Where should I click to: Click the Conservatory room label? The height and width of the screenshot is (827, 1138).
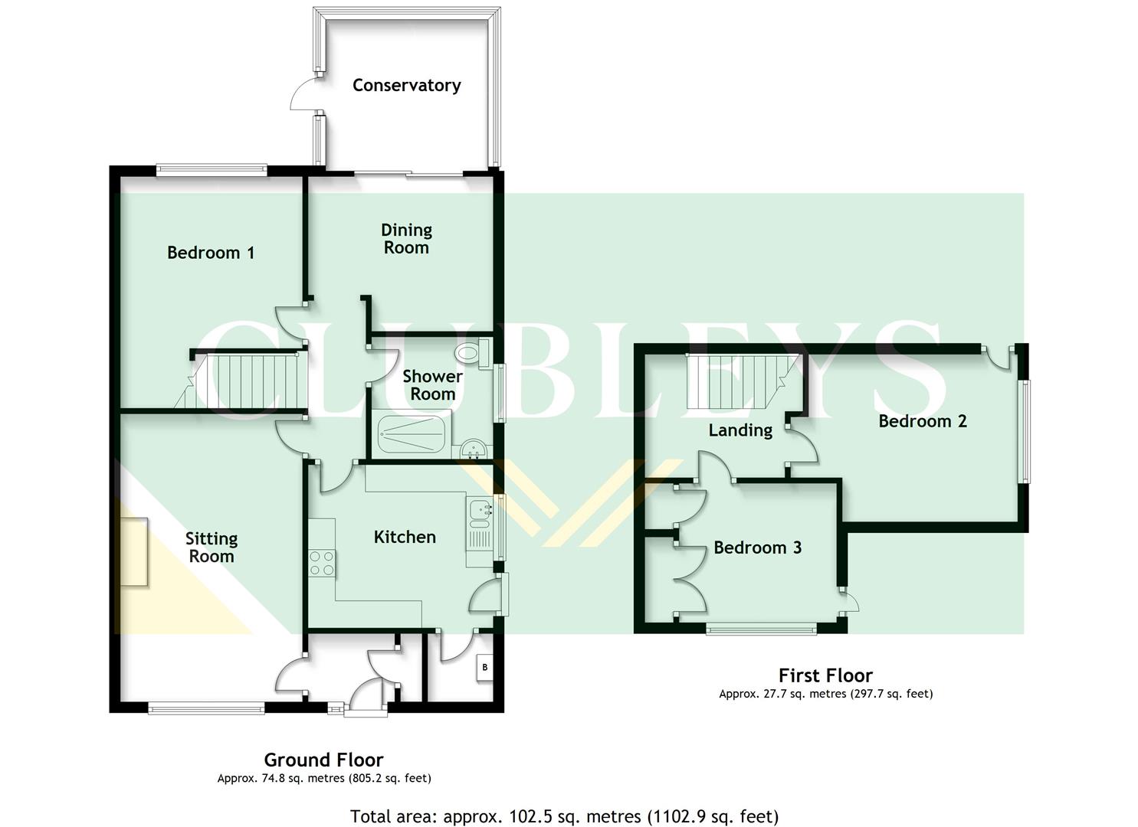coord(406,85)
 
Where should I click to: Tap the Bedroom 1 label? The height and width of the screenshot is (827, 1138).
coord(211,253)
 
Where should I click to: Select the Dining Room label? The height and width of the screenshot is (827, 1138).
coord(406,238)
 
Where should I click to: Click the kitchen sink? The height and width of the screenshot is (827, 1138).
coord(480,508)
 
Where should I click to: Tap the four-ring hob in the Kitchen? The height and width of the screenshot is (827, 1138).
coord(321,563)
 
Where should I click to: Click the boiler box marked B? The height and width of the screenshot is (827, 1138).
coord(484,667)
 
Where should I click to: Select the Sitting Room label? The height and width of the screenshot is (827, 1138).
coord(212,548)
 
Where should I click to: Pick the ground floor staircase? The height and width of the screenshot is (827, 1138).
coord(245,381)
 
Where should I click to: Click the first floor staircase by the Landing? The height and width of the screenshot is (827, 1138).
coord(740,383)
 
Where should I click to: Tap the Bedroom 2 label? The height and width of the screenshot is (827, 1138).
coord(922,421)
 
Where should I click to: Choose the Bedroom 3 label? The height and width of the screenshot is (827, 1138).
coord(757,548)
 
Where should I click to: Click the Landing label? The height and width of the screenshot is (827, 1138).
coord(740,430)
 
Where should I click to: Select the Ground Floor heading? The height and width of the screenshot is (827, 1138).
coord(323,760)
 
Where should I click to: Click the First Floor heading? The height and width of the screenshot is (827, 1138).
coord(825,675)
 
